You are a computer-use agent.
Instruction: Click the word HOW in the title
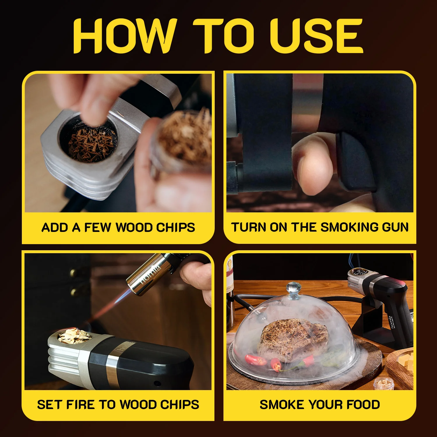(124, 36)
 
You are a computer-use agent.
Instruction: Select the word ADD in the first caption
(55, 228)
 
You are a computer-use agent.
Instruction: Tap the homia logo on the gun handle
(392, 322)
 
